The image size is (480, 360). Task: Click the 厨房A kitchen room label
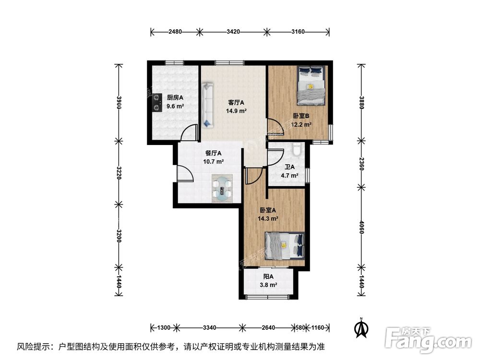pos(175,97)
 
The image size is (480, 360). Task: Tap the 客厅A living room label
pos(236,102)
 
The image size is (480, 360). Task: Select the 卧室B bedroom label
pos(301,116)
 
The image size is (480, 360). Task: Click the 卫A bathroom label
pos(289,168)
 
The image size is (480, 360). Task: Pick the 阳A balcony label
pos(268,276)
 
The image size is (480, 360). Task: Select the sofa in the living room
pos(208,105)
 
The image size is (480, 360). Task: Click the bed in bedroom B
pos(312,85)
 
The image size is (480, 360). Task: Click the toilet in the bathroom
pos(297,150)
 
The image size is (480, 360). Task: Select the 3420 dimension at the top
pos(233,32)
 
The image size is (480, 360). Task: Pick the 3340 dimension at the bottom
pos(209,328)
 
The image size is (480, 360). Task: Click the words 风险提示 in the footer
pos(35,346)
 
